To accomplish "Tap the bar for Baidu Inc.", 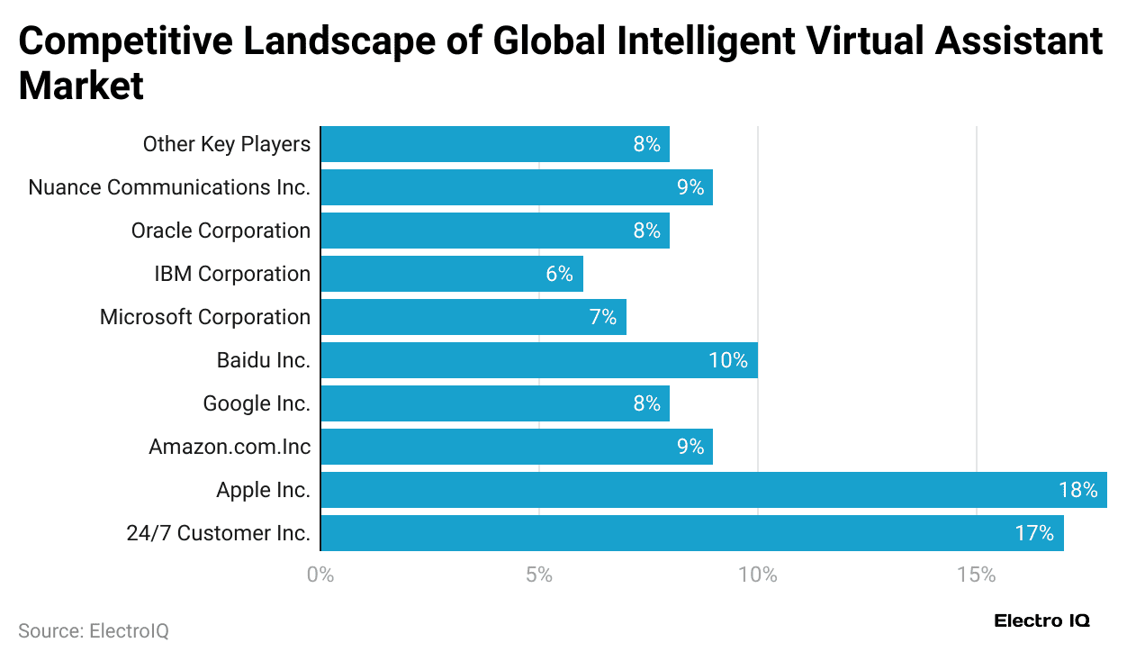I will click(x=539, y=360).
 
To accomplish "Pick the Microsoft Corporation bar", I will click(x=473, y=317).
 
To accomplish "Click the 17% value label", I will click(x=1034, y=533).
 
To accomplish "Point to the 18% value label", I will click(x=1077, y=490).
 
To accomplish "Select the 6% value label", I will click(x=559, y=274).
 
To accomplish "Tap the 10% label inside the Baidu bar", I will click(x=728, y=360).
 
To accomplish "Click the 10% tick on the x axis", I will click(x=758, y=575).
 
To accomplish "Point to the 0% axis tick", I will click(x=320, y=575).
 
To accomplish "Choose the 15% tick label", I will click(x=977, y=575).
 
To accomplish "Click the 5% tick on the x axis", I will click(x=539, y=575).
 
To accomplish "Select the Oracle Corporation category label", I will click(x=221, y=231).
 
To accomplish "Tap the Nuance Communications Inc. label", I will click(x=169, y=187).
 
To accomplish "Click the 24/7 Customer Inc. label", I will click(x=219, y=533).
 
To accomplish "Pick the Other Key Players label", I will click(x=227, y=144).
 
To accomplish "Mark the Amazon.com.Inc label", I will click(x=230, y=447).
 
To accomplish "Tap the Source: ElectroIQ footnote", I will click(x=94, y=631).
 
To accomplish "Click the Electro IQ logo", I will click(x=1041, y=621).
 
